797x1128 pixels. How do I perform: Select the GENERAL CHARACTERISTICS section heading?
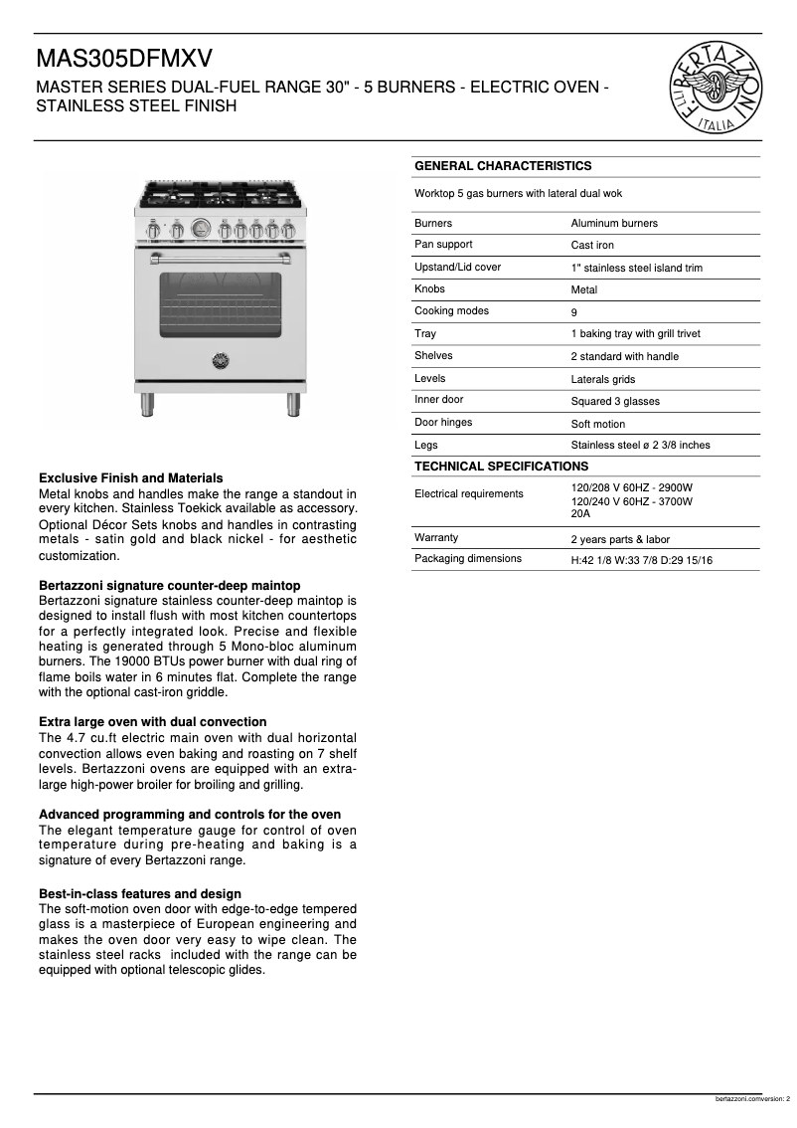click(x=503, y=166)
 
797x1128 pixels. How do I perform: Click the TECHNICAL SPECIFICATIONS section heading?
click(x=501, y=467)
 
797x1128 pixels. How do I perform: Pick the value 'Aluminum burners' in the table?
click(x=614, y=224)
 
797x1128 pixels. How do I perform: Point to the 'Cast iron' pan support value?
click(x=592, y=246)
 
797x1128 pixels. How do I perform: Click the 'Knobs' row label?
click(x=430, y=289)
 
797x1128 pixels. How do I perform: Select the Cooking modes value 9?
click(x=574, y=312)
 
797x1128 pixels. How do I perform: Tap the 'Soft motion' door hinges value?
click(x=598, y=424)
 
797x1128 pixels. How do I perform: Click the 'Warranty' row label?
click(x=436, y=538)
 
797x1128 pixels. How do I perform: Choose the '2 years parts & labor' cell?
click(x=620, y=540)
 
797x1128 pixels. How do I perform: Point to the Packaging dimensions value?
click(x=641, y=561)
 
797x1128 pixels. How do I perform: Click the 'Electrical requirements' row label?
click(x=468, y=494)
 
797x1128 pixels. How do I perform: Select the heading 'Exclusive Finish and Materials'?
click(x=130, y=478)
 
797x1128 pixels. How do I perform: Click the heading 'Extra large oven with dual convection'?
click(x=152, y=722)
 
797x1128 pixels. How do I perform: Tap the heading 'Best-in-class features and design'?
click(x=139, y=894)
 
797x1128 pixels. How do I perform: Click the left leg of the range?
click(x=147, y=405)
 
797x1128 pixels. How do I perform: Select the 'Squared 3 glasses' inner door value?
click(x=614, y=402)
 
